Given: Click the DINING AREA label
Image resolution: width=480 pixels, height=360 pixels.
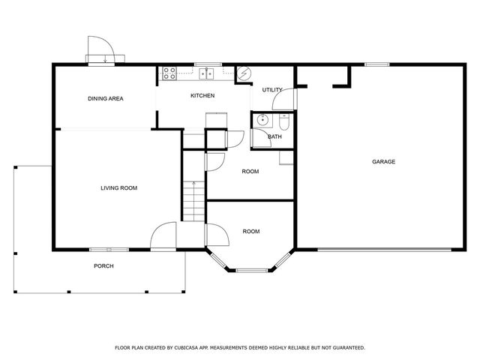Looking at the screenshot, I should coord(105,98).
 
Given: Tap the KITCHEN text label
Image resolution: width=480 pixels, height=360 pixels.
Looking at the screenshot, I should coord(202,95).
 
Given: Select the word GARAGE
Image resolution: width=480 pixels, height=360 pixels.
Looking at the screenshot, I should coord(383,161).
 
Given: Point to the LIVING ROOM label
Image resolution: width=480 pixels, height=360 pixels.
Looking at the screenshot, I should coord(118,187).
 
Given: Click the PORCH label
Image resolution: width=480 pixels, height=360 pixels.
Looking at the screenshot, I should coord(103,266).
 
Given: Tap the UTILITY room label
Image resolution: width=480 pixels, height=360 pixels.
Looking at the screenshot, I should coord(272,90).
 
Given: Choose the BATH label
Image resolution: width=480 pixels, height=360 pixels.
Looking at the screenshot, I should coord(274,136).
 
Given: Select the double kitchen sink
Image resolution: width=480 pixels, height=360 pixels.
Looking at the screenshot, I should coord(206,73).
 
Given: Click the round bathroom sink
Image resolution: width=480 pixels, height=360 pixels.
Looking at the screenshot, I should coord(262,121).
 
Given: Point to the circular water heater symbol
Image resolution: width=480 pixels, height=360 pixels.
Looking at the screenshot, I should coord(243,73).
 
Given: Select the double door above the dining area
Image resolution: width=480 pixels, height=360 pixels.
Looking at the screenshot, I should coord(100,52).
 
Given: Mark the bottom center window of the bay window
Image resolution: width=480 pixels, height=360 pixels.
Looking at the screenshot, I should coord(250,268).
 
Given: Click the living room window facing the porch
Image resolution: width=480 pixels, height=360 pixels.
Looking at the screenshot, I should coord(108,249).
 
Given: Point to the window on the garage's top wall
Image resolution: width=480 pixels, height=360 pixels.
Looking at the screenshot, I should coord(376,64).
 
